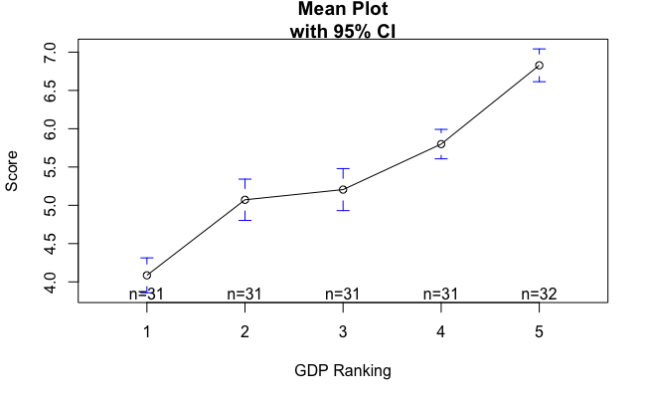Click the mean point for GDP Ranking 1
point(147,276)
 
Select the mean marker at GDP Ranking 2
point(244,200)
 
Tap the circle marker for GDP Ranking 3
point(343,189)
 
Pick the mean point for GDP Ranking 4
point(441,144)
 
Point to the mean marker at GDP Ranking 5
point(539,66)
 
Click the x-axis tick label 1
point(147,331)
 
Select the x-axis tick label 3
point(343,331)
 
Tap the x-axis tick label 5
point(539,331)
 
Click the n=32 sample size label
point(539,294)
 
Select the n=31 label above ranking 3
point(343,294)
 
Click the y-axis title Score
point(12,171)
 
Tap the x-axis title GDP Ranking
point(343,371)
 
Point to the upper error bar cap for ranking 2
point(244,179)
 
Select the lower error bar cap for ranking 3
point(343,210)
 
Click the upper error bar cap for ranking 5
point(539,49)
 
